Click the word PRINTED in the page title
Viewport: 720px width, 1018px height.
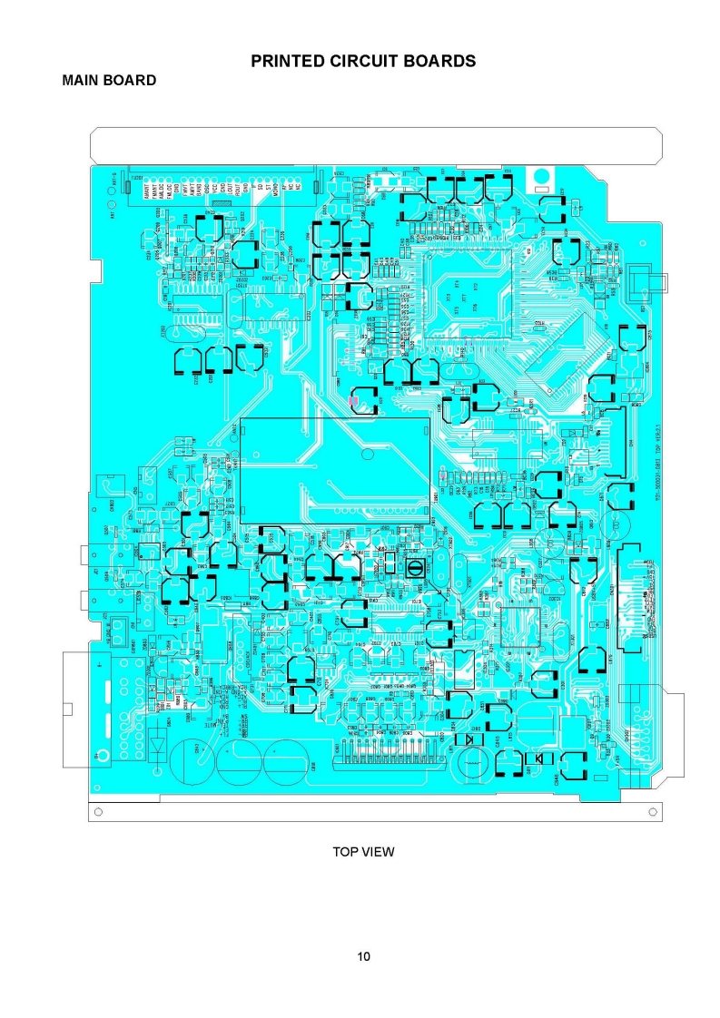[x=288, y=61]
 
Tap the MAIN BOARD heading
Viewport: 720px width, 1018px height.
[x=109, y=81]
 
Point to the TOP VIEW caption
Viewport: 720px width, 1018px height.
[x=363, y=851]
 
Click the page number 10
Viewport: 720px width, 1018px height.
[x=363, y=956]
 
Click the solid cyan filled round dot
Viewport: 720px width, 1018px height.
[x=540, y=176]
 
